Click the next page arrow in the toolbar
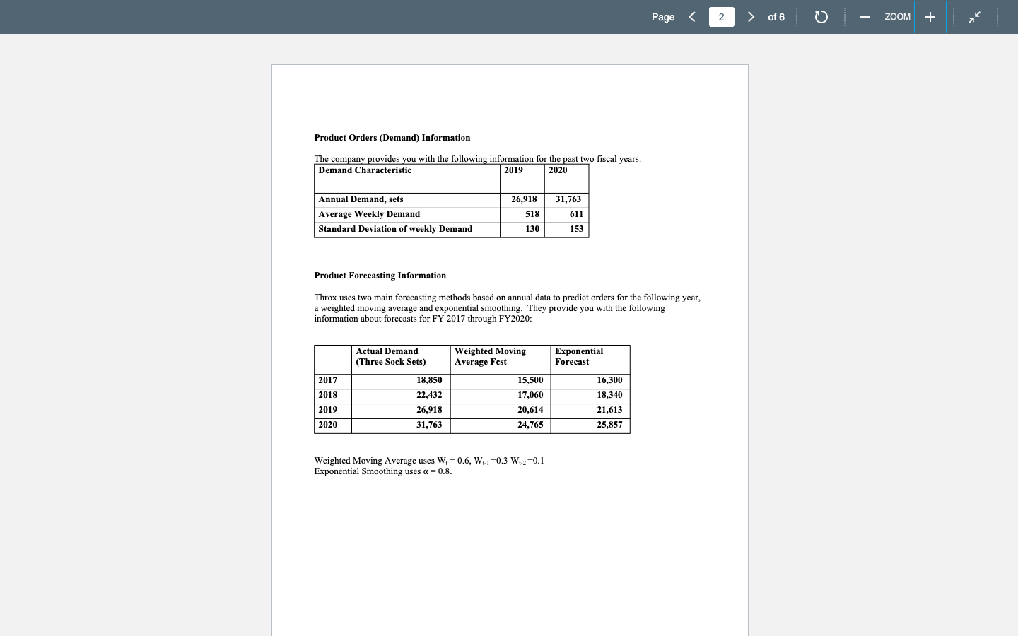(751, 17)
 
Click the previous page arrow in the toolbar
(692, 17)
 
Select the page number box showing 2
(721, 17)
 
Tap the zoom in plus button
(930, 17)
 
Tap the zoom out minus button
(865, 17)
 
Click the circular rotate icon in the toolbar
(821, 17)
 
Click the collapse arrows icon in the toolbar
(975, 17)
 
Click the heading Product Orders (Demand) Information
(392, 138)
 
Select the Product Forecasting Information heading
(380, 276)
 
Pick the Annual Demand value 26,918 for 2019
(524, 199)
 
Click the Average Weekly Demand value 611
(576, 214)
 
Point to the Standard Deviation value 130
(532, 229)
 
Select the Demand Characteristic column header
(365, 170)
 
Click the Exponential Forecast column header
(579, 356)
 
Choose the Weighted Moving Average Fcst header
(490, 356)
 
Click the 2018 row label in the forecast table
(328, 395)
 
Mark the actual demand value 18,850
(429, 380)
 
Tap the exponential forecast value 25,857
(609, 425)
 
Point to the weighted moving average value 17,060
(530, 395)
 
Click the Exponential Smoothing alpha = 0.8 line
(382, 471)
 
